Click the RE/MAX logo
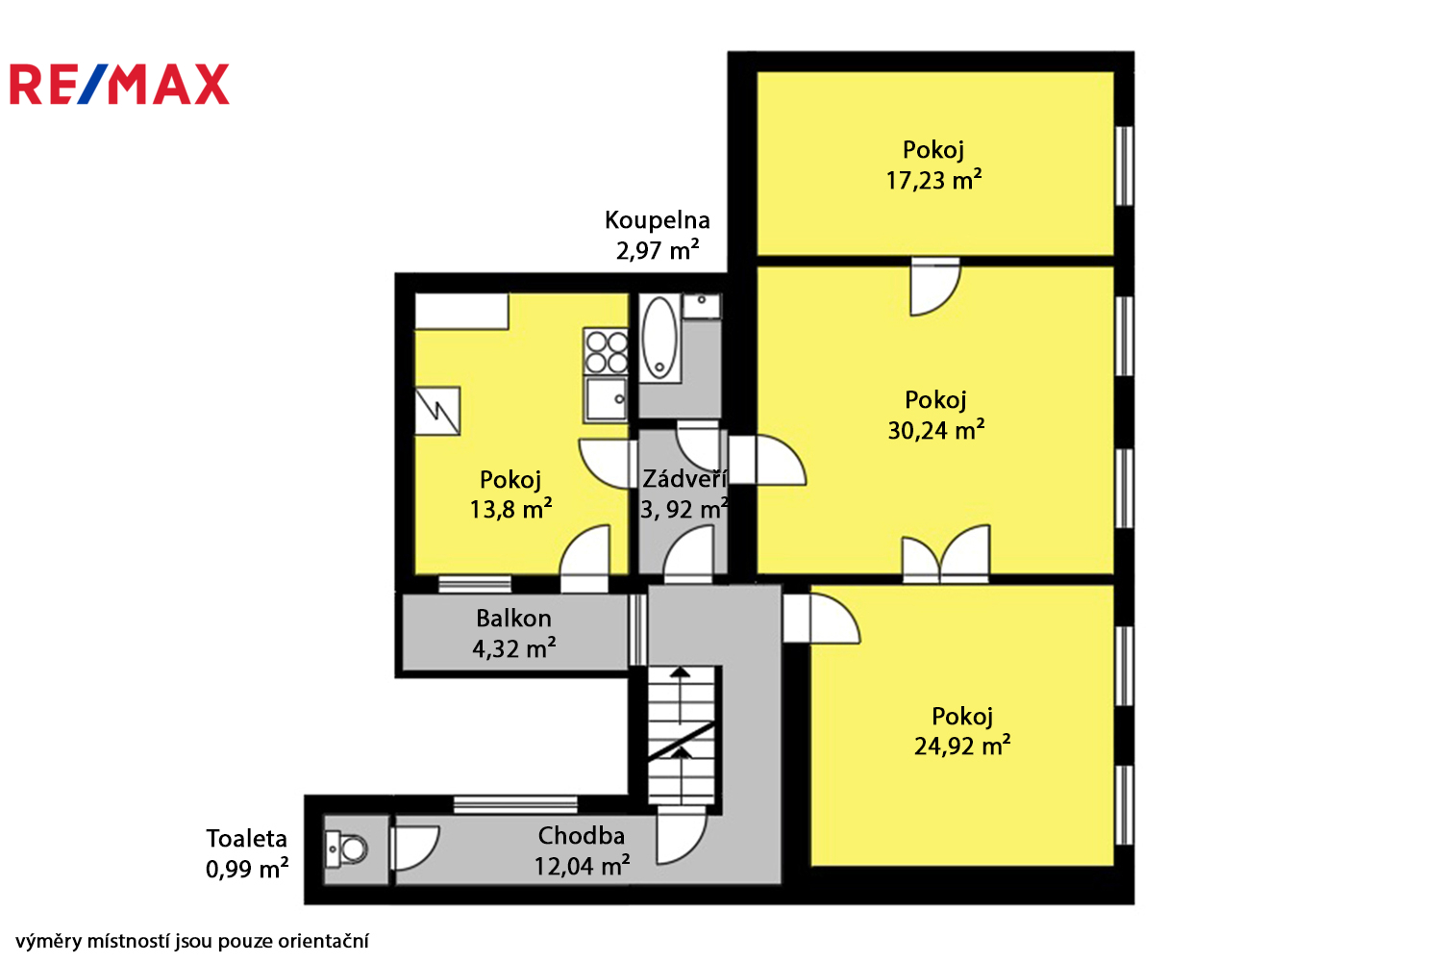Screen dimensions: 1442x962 coord(120,84)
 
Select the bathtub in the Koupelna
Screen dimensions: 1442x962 coord(659,339)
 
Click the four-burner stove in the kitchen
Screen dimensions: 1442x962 coord(606,352)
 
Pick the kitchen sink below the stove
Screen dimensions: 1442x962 coord(606,400)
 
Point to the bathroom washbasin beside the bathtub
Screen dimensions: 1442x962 coord(702,306)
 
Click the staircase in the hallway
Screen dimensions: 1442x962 coord(681,736)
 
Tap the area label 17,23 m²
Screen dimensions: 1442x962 coord(933,180)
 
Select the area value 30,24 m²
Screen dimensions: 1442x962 coord(936,430)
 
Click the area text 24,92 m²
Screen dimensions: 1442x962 coord(962,746)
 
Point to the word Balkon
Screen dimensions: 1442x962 coord(513,619)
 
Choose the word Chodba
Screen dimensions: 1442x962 coord(582,836)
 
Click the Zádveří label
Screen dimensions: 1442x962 coord(684,479)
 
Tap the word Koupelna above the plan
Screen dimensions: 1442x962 coord(658,221)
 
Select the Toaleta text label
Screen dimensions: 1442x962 coord(246,838)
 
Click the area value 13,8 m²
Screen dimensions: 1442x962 coord(510,510)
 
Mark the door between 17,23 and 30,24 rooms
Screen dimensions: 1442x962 coord(935,287)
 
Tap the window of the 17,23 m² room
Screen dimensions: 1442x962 coord(1124,166)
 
